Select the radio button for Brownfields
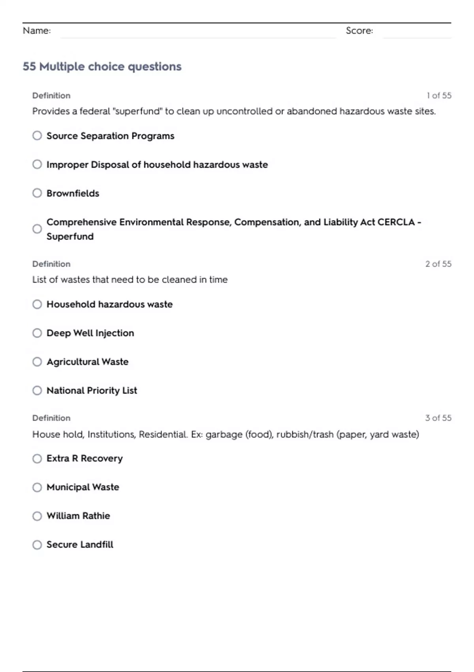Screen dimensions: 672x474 click(37, 193)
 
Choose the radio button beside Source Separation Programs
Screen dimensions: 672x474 click(37, 136)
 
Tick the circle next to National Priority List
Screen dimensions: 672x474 click(37, 391)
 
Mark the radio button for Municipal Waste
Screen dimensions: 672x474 click(37, 487)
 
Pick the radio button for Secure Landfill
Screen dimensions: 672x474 click(37, 545)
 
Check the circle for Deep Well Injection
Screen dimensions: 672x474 click(37, 333)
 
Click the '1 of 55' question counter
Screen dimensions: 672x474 click(439, 96)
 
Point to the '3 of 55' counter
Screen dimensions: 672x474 click(438, 418)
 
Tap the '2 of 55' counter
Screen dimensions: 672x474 click(438, 264)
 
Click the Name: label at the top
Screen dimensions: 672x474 click(37, 30)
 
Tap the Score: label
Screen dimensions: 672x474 click(359, 30)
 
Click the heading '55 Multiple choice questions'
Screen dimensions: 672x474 click(102, 66)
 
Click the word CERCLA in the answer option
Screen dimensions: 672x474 click(396, 222)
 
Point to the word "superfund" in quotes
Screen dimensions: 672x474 click(137, 111)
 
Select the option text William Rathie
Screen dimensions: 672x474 click(78, 516)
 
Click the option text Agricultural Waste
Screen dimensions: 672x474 click(87, 362)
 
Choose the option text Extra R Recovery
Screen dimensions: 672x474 click(85, 459)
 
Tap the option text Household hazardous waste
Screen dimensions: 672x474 click(109, 304)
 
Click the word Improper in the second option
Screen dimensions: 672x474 click(67, 165)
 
